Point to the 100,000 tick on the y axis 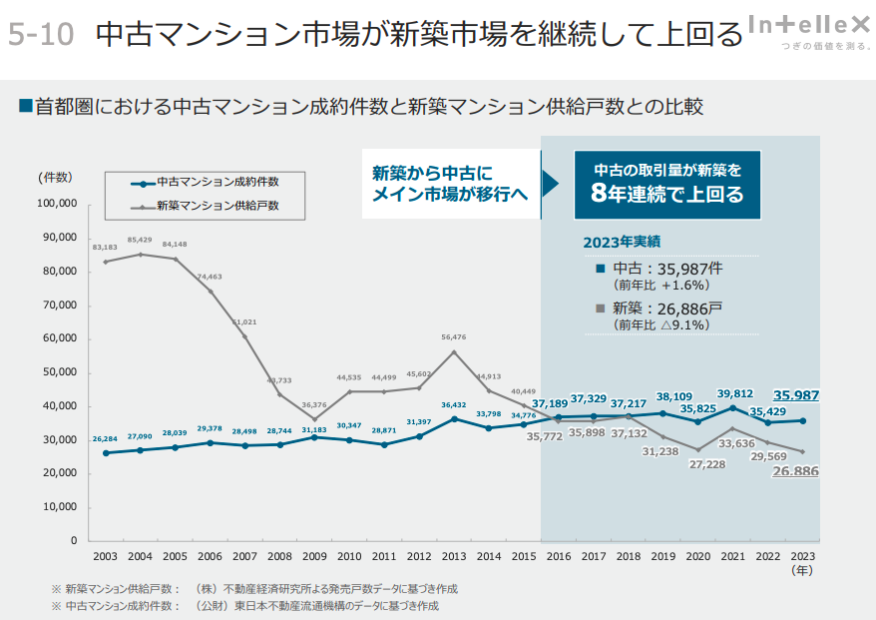tap(57, 204)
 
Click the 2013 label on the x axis tap(453, 556)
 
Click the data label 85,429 tap(140, 241)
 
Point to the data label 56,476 tap(454, 337)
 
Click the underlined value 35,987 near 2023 tap(796, 395)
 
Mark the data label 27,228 tap(697, 464)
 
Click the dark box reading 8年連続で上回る tap(667, 184)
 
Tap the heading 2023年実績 tap(623, 242)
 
